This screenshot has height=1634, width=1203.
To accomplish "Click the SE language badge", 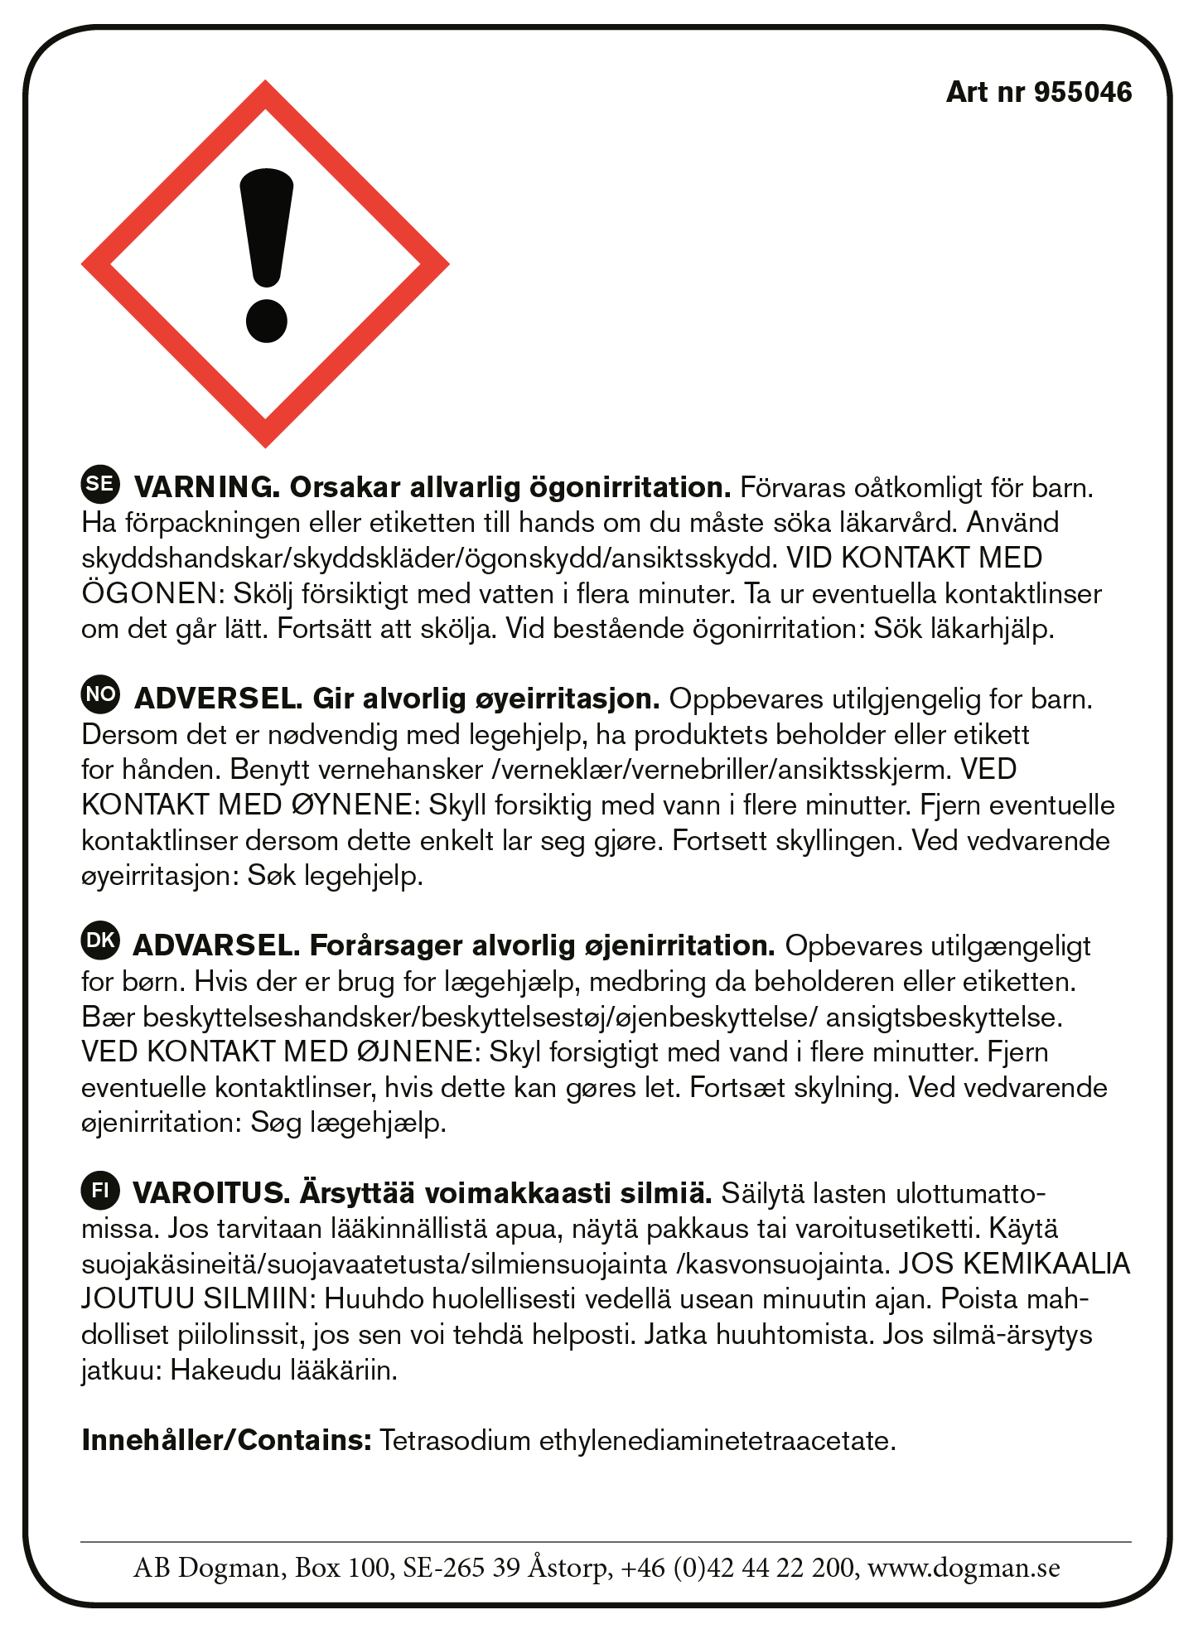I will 100,485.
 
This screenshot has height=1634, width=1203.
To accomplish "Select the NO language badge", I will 100,695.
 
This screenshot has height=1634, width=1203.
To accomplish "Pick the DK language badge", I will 100,941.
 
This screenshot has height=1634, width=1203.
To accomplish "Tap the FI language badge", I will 100,1191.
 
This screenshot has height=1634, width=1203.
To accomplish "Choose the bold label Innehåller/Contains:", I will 226,1440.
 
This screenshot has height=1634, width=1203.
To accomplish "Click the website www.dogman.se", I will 964,1567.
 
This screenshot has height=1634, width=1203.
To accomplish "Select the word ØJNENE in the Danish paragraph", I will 414,1051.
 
